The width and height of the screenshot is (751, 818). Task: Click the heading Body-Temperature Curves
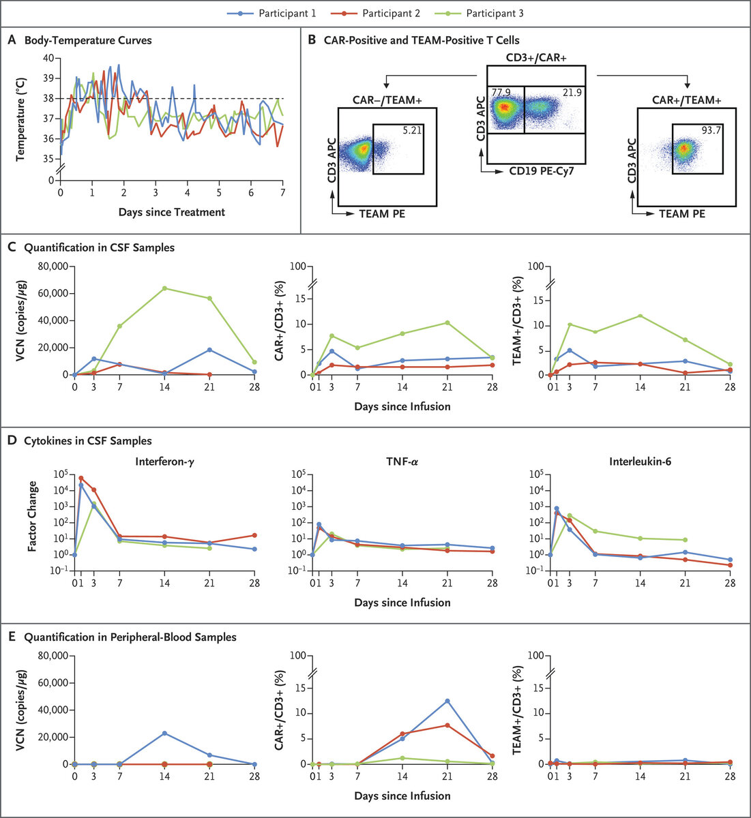coord(88,40)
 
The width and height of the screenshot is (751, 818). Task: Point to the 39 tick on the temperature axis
coord(48,78)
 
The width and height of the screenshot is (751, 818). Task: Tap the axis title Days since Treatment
coord(171,212)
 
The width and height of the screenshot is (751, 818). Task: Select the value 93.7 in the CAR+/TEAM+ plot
coord(710,130)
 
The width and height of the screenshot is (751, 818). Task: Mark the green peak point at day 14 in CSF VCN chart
coord(164,288)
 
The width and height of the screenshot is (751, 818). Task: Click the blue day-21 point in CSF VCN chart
coord(209,350)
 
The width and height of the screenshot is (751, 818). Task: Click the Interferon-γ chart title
coord(164,460)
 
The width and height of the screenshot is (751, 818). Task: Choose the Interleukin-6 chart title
coord(640,460)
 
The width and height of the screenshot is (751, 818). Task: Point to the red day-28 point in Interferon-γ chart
coord(254,535)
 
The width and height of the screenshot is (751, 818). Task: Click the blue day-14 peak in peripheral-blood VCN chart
coord(164,733)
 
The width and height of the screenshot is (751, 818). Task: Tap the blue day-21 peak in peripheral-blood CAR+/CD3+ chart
coord(447,701)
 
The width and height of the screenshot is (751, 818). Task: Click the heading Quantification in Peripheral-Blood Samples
coord(130,637)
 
